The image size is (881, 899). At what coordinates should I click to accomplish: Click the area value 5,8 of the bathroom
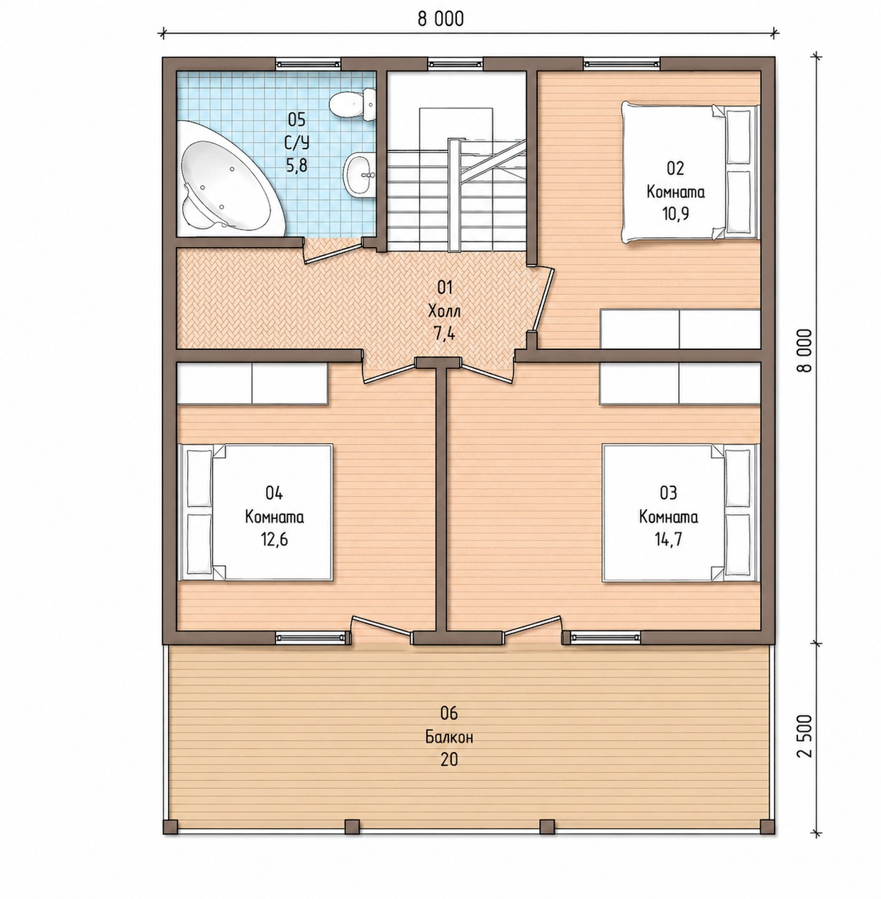click(x=297, y=165)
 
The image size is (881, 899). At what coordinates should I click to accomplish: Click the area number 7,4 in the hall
click(x=445, y=334)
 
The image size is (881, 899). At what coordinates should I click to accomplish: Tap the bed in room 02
click(x=689, y=172)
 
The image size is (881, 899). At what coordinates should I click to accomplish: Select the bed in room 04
click(x=256, y=512)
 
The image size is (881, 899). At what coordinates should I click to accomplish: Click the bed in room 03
click(x=680, y=512)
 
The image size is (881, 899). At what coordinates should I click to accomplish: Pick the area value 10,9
click(x=675, y=214)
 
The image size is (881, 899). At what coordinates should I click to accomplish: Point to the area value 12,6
click(x=275, y=540)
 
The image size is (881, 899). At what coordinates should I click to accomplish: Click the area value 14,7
click(x=668, y=540)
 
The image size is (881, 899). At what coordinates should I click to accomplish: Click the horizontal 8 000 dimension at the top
click(x=440, y=19)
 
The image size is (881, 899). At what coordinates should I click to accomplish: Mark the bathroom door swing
click(x=333, y=252)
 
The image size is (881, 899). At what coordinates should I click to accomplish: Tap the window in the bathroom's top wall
click(x=308, y=63)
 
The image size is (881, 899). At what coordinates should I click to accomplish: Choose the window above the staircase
click(x=455, y=63)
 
